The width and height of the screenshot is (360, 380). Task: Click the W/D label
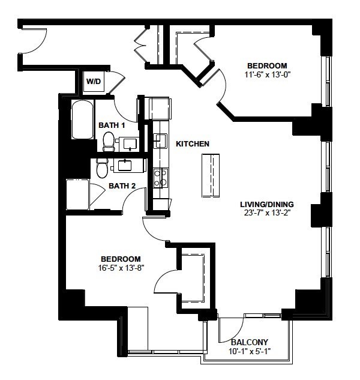coord(94,81)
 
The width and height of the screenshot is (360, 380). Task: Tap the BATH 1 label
coord(112,125)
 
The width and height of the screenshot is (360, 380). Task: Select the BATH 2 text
coord(122,186)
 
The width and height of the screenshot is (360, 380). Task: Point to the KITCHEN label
coord(193,143)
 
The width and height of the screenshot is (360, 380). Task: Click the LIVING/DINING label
coord(267,204)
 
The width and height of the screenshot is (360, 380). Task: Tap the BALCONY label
coord(250,342)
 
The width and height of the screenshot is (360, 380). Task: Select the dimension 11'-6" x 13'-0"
coord(267,74)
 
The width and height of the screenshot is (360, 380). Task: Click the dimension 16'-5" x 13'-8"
coord(121,268)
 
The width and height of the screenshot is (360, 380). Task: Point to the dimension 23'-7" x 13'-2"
coord(267,213)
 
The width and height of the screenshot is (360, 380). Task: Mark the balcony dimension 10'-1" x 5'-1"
coord(250,351)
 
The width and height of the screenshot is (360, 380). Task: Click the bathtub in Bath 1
coord(82,119)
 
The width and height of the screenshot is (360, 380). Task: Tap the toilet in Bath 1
coord(109,142)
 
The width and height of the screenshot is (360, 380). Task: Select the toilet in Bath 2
coord(102,168)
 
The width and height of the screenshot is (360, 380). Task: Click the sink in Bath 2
coord(125,166)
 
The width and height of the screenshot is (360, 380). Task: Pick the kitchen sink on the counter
coord(160,140)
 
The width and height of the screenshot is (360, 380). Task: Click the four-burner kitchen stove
coord(161,178)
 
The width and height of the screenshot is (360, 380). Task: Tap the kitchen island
coord(211,176)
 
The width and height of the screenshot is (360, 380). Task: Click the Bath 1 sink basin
coord(130,144)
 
